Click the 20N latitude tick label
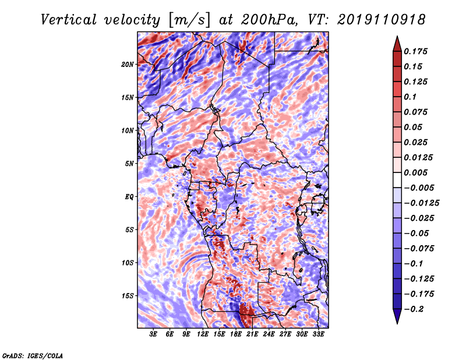tap(128, 64)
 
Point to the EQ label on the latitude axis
tap(129, 197)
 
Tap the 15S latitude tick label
tap(128, 296)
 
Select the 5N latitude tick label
tap(129, 164)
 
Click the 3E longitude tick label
tap(153, 334)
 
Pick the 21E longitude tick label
tap(252, 334)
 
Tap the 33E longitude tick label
tap(318, 334)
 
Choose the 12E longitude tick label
tap(203, 334)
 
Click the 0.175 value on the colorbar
tap(415, 51)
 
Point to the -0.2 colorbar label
tap(414, 309)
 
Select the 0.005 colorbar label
tap(415, 172)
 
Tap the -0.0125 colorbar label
tap(421, 203)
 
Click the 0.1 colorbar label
tap(410, 97)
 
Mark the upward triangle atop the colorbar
tap(397, 44)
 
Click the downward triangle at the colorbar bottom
tap(397, 316)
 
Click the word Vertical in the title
tap(69, 20)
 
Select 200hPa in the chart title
tap(270, 20)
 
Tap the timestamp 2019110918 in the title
tap(382, 20)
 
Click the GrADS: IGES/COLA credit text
tap(33, 355)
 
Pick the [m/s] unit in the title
tap(189, 20)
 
